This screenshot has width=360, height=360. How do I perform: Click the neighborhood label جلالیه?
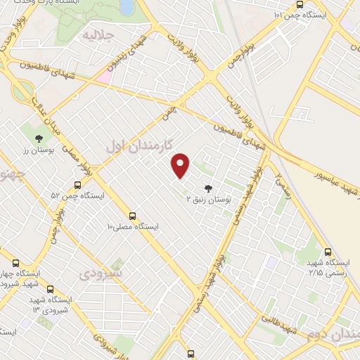[x=98, y=34]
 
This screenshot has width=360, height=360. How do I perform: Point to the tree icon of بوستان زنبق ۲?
[x=207, y=188]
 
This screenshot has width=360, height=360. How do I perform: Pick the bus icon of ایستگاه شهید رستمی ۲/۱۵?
[x=328, y=252]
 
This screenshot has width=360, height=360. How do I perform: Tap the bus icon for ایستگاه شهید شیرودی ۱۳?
[x=49, y=288]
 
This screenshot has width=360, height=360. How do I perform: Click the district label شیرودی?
[x=101, y=272]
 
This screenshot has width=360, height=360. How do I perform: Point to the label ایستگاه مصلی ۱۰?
[x=133, y=227]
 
